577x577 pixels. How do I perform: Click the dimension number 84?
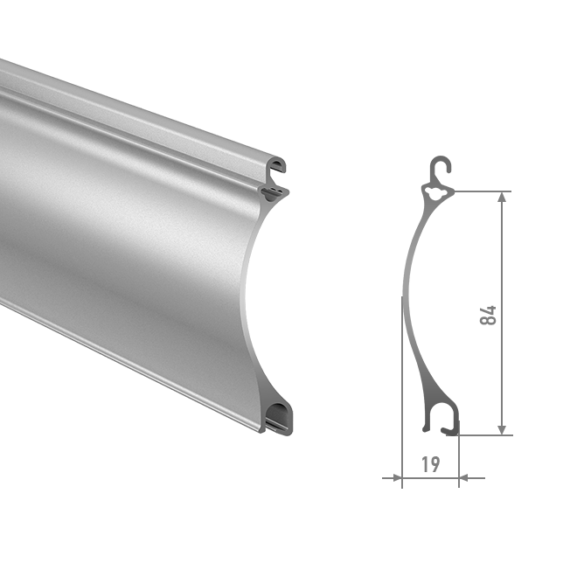click(489, 315)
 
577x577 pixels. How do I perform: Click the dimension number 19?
click(430, 464)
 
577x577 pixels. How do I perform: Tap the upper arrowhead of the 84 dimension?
click(502, 198)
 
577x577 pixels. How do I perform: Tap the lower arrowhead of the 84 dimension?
click(502, 429)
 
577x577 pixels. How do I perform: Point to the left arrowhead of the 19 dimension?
click(397, 478)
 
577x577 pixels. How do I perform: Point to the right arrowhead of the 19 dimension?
click(463, 478)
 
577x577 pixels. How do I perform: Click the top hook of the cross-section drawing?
click(441, 165)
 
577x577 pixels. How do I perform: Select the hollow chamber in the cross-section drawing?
click(437, 192)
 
